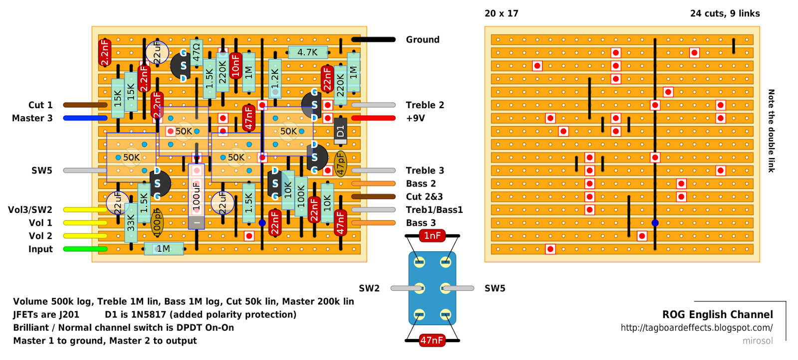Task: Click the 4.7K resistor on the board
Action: pyautogui.click(x=307, y=52)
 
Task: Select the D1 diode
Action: pyautogui.click(x=341, y=131)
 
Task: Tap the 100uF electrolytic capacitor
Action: pyautogui.click(x=197, y=196)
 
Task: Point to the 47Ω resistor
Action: pyautogui.click(x=197, y=52)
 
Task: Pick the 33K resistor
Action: pyautogui.click(x=131, y=222)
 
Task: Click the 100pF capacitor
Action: pyautogui.click(x=157, y=222)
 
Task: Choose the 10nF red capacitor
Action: pyautogui.click(x=235, y=65)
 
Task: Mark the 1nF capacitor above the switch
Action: pyautogui.click(x=432, y=236)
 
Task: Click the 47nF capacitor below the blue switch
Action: pyautogui.click(x=432, y=341)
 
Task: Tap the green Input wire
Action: pyautogui.click(x=85, y=249)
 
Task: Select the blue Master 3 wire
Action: pyautogui.click(x=85, y=118)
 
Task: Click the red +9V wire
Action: pyautogui.click(x=374, y=118)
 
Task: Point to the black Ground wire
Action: pyautogui.click(x=374, y=39)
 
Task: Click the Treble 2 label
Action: pyautogui.click(x=425, y=105)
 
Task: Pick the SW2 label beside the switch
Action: pyautogui.click(x=369, y=288)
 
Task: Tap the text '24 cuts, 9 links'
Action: pyautogui.click(x=725, y=13)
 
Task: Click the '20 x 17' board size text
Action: pyautogui.click(x=501, y=13)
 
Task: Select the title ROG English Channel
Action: pyautogui.click(x=718, y=315)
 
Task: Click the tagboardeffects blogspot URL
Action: pyautogui.click(x=697, y=328)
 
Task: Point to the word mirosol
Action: pyautogui.click(x=758, y=341)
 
